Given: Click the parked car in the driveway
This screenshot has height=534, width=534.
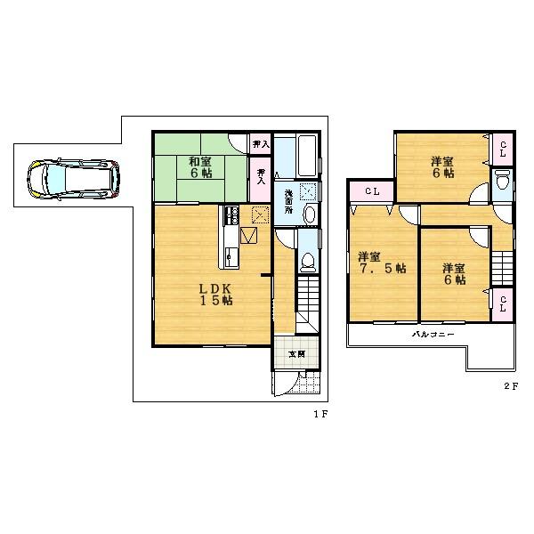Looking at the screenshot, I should pyautogui.click(x=72, y=179).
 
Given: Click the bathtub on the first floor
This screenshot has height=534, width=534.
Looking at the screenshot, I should pyautogui.click(x=294, y=157).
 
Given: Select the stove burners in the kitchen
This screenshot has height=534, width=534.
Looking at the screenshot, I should pyautogui.click(x=231, y=215).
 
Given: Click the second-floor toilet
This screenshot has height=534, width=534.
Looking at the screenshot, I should pyautogui.click(x=501, y=183).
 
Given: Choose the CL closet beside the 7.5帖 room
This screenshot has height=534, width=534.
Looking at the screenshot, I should pyautogui.click(x=372, y=190).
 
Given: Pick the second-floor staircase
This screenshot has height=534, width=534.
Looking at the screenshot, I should pyautogui.click(x=503, y=267).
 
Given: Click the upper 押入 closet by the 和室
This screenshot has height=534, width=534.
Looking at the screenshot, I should pyautogui.click(x=259, y=143).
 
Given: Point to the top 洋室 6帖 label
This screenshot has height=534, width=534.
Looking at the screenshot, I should pyautogui.click(x=442, y=167).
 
